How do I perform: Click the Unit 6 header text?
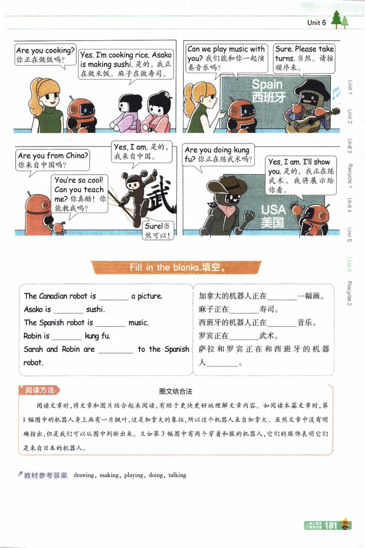pyautogui.click(x=316, y=22)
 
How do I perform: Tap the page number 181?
pyautogui.click(x=330, y=525)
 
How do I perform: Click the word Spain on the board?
pyautogui.click(x=267, y=84)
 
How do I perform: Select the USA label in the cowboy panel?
pyautogui.click(x=273, y=209)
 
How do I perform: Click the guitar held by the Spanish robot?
pyautogui.click(x=314, y=120)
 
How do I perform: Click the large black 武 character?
pyautogui.click(x=162, y=196)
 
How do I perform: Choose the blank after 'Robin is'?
pyautogui.click(x=67, y=337)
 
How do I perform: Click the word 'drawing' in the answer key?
pyautogui.click(x=83, y=475)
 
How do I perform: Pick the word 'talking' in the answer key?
pyautogui.click(x=177, y=475)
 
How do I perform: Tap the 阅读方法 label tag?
pyautogui.click(x=40, y=390)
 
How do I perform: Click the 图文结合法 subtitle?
pyautogui.click(x=176, y=391)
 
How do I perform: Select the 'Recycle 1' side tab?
pyautogui.click(x=350, y=175)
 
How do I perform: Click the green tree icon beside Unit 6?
pyautogui.click(x=339, y=20)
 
